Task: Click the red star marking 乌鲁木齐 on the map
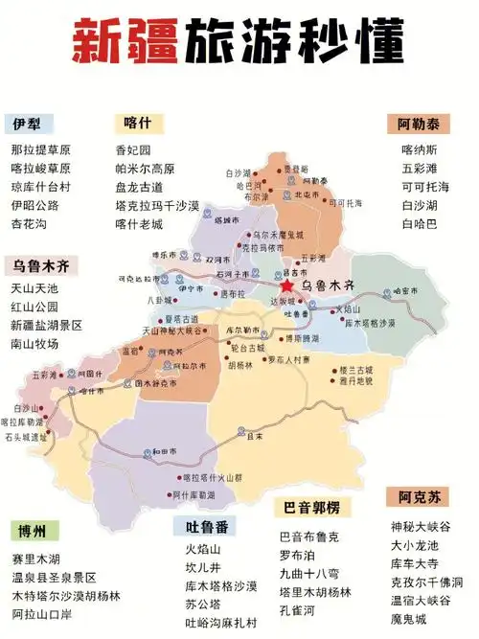(x=286, y=285)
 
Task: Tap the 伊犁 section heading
(x=27, y=126)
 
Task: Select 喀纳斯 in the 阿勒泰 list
(x=419, y=150)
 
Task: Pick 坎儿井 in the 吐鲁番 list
(x=202, y=567)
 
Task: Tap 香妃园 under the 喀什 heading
(x=133, y=150)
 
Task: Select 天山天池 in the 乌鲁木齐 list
(x=34, y=288)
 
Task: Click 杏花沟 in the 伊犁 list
(x=29, y=223)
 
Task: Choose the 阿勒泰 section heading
(x=419, y=125)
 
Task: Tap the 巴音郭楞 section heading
(x=311, y=507)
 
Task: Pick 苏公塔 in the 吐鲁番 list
(x=202, y=604)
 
